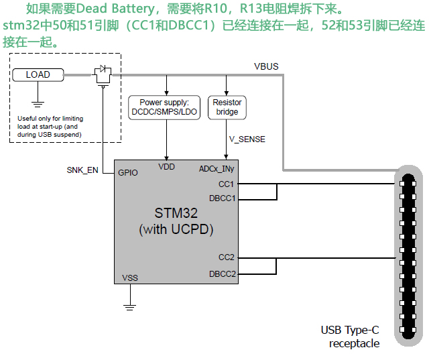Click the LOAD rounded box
pos(38,74)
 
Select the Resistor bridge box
pos(227,107)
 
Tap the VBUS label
pos(266,66)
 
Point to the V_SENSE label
pos(247,139)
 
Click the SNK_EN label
pos(82,170)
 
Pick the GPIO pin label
pos(128,172)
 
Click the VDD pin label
pos(166,166)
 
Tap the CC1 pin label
pos(226,184)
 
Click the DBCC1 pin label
pos(222,199)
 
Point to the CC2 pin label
pos(226,257)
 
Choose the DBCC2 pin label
pos(222,274)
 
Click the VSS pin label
pos(130,278)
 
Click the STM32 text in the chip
pos(176,215)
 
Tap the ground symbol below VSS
pos(129,308)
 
